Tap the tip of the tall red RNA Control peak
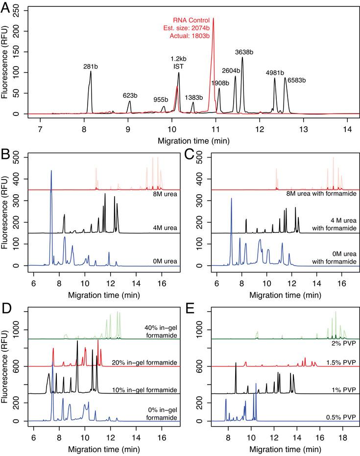tap(213, 19)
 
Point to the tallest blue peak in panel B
tap(51, 171)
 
